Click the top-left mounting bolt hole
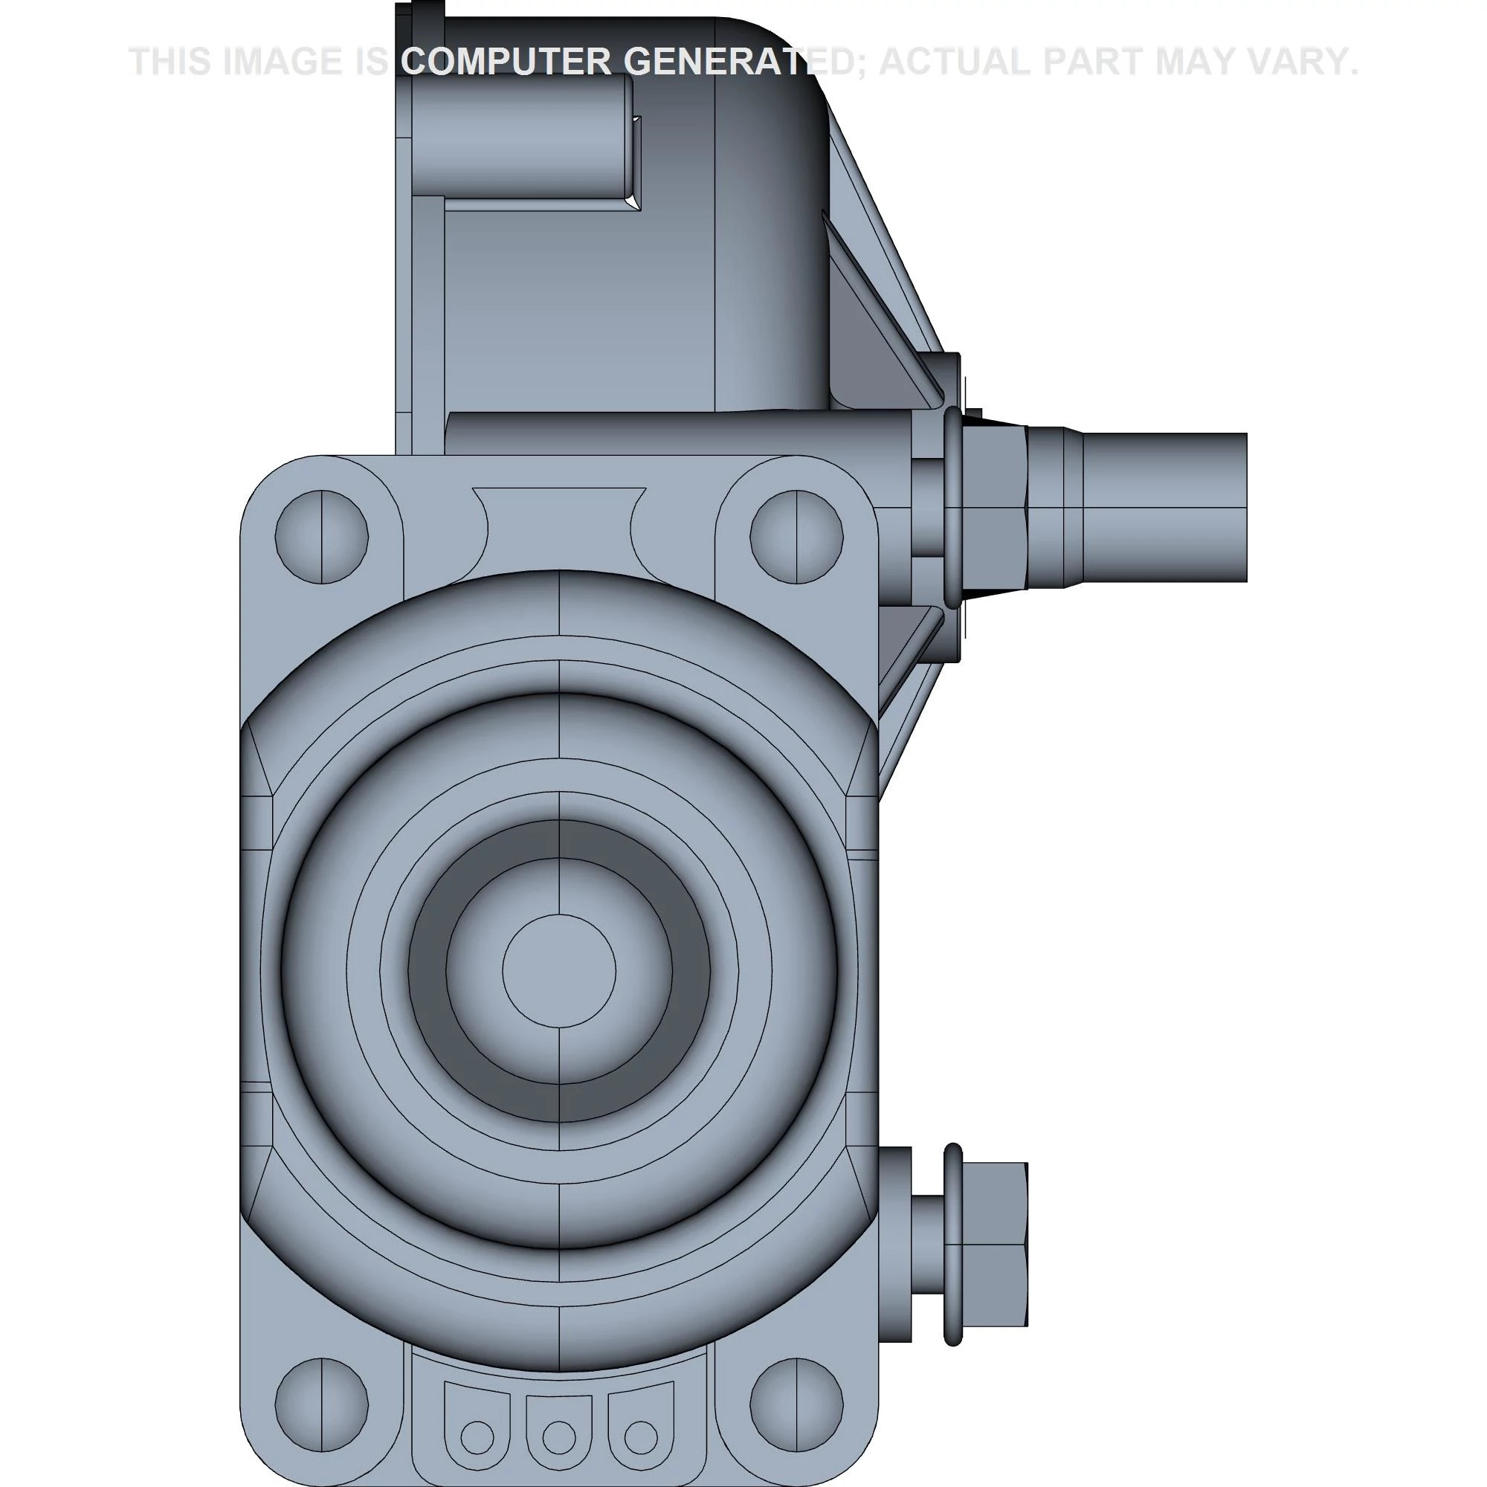coord(321,537)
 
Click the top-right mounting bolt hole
coord(796,537)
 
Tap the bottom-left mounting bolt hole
coord(321,1396)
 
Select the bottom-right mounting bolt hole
coord(796,1396)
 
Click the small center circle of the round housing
coord(559,971)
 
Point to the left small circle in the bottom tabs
coord(477,1436)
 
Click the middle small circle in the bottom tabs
coord(559,1436)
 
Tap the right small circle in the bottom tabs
coord(641,1436)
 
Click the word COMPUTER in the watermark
coord(506,62)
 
